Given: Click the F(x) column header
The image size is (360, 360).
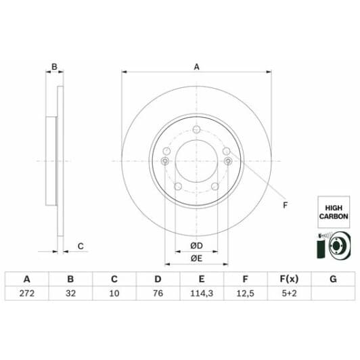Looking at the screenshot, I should (x=289, y=279).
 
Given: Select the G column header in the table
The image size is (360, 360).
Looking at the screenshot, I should (x=332, y=279).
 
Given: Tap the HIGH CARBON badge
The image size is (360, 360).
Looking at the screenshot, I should (x=333, y=210).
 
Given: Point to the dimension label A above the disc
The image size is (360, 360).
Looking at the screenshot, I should (x=196, y=66).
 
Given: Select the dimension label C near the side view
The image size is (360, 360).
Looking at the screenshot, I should (x=80, y=246).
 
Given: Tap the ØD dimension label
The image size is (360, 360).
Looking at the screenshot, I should (x=196, y=244).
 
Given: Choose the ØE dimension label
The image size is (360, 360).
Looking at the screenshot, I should (x=196, y=258).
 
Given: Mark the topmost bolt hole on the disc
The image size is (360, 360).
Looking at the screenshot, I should (x=196, y=131).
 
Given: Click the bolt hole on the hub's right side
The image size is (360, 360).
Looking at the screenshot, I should (x=227, y=161).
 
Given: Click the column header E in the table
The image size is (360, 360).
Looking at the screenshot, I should (x=202, y=279).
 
